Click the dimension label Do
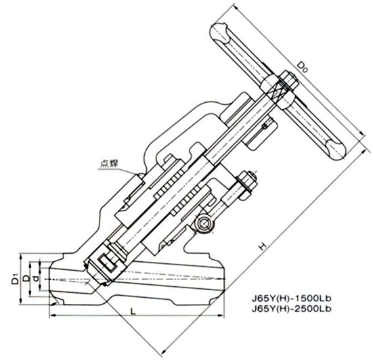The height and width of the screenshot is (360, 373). pos(303,67)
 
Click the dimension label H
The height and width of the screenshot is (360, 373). pos(263,246)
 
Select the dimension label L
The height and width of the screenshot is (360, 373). pos(133,311)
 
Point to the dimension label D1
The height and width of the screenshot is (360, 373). pos(15,279)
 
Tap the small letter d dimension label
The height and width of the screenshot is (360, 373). pos(36,278)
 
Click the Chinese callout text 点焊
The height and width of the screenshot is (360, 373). pos(109,163)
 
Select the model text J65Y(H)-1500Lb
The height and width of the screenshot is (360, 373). pos(291,298)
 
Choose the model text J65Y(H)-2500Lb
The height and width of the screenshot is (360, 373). pos(291,309)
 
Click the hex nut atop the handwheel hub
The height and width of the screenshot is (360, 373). pos(289,80)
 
